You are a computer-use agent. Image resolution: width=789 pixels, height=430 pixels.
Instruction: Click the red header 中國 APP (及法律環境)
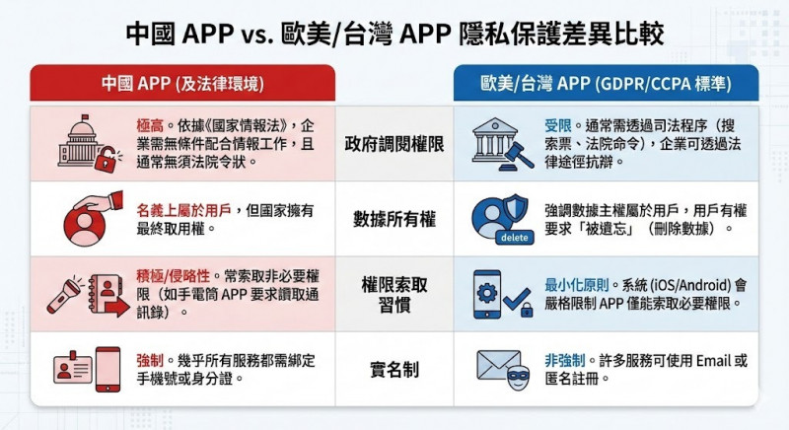182,84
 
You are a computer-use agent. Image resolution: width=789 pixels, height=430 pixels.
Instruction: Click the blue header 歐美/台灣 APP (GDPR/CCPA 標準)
606,84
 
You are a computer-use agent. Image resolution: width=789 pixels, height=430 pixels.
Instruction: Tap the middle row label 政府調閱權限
394,144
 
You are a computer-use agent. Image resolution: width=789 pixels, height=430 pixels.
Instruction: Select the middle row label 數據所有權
394,219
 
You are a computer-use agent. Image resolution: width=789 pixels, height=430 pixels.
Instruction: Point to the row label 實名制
394,370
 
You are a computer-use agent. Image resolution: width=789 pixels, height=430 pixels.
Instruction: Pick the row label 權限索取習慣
394,295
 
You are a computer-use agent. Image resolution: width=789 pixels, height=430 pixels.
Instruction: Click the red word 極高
150,125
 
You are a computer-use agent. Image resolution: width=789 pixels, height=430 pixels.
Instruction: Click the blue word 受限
557,125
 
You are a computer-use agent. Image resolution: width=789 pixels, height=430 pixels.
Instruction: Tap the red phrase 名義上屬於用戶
183,210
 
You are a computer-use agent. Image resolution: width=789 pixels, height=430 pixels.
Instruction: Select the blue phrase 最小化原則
578,286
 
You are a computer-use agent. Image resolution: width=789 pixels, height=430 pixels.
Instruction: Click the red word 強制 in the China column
150,361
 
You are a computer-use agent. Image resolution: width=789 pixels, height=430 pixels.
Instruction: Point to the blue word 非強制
564,361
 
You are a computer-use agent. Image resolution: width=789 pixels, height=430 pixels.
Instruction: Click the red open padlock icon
108,158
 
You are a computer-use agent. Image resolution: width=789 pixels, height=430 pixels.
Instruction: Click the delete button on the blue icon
514,238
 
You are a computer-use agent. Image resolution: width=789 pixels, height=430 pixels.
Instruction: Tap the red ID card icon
73,368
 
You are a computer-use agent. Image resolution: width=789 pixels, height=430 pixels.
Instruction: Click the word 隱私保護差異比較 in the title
561,35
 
